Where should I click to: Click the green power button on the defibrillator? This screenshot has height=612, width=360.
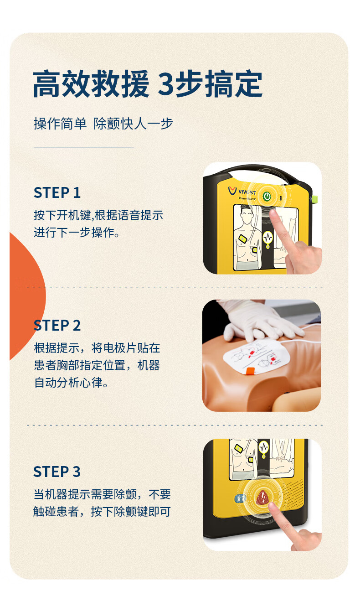tap(267, 196)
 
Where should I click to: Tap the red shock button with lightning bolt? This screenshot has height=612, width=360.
tap(263, 498)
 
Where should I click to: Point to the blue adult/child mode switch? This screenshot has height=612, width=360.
tap(240, 498)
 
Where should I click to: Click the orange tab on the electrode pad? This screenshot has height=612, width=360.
tap(250, 372)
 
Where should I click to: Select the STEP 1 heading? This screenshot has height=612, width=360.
tap(57, 192)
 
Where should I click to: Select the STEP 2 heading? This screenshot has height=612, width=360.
tap(57, 325)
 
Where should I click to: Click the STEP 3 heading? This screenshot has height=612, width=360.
tap(57, 472)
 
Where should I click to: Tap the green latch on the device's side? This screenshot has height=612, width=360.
tap(315, 199)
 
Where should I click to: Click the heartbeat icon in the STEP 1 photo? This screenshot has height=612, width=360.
tap(268, 238)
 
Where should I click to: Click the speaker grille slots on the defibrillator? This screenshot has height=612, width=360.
tap(293, 494)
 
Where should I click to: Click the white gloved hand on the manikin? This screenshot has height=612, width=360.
tap(259, 321)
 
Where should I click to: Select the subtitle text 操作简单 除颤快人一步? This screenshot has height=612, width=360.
tap(103, 124)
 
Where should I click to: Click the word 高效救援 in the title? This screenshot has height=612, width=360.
tap(91, 83)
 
